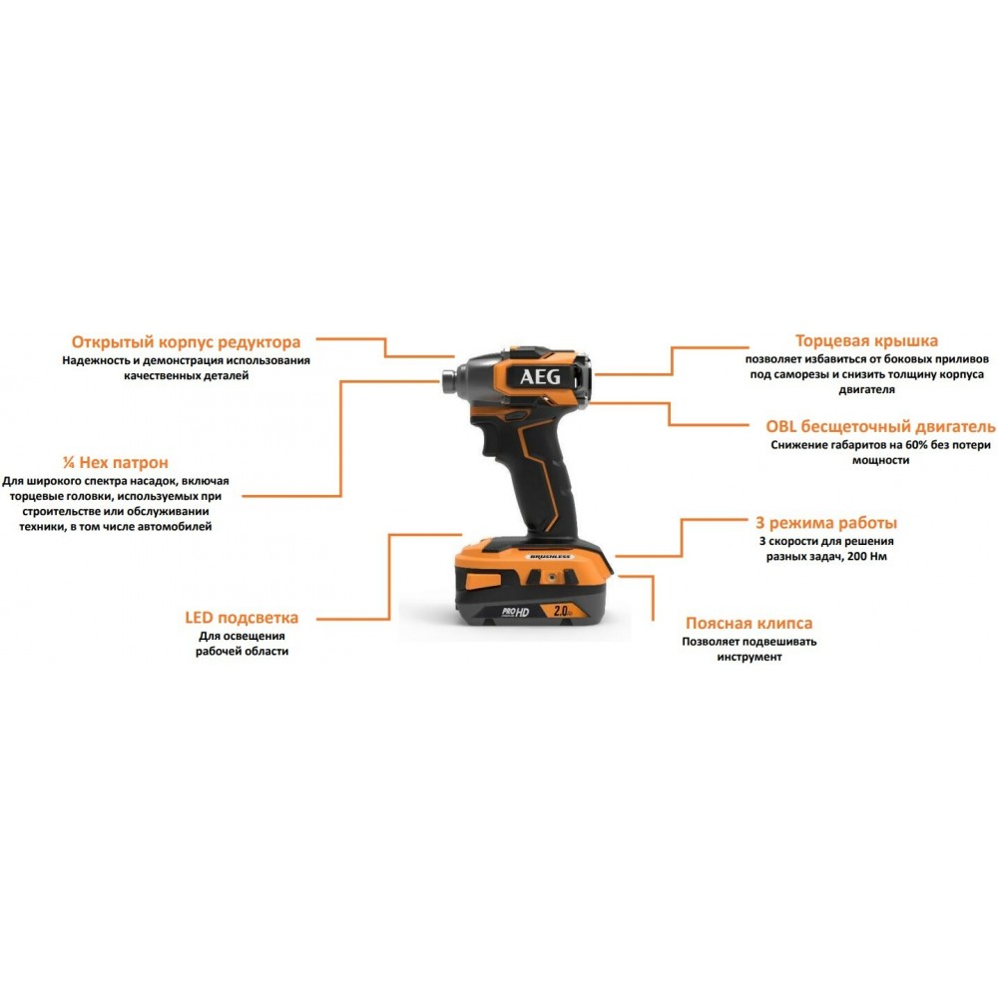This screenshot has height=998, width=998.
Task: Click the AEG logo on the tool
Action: [540, 377]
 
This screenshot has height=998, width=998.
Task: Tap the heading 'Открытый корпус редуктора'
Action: [186, 342]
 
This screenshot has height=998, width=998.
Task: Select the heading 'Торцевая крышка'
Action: [866, 341]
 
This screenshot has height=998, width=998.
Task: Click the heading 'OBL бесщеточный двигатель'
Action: [880, 426]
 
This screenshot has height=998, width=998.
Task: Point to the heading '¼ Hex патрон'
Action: [115, 463]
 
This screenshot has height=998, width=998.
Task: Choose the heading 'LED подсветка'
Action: [242, 618]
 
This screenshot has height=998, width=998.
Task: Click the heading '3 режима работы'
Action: [826, 523]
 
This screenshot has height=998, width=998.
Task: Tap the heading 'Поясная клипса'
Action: [748, 623]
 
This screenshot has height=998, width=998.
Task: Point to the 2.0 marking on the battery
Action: [561, 611]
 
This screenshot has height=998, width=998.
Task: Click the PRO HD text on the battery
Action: [516, 613]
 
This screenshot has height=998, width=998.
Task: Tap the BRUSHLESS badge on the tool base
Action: [550, 557]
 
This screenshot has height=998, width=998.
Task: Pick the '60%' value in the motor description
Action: [916, 445]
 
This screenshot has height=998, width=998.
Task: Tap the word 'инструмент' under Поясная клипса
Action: [749, 657]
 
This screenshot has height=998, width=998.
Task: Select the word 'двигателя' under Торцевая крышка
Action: [866, 390]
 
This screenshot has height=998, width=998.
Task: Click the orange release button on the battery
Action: [483, 581]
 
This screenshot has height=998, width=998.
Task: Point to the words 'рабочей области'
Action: [242, 651]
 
